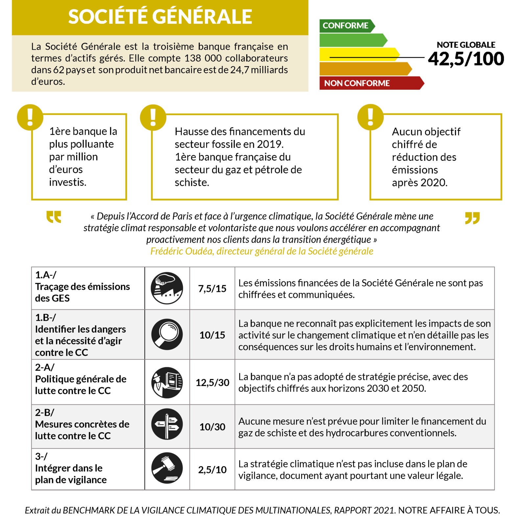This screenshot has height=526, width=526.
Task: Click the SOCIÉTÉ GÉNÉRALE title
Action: (160, 17)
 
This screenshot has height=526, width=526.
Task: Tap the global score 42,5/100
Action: (466, 59)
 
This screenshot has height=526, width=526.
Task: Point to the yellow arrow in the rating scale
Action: (358, 54)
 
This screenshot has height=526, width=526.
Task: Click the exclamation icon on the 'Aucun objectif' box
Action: (370, 117)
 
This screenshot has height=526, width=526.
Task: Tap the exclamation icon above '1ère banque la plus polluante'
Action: (30, 117)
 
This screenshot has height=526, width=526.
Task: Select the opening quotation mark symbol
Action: (54, 217)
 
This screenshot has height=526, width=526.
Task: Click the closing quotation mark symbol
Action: (472, 218)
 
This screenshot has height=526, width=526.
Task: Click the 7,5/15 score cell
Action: (212, 289)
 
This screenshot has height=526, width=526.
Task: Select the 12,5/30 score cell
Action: (212, 382)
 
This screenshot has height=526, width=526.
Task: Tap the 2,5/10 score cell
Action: (212, 469)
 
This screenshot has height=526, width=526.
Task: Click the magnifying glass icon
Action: (167, 334)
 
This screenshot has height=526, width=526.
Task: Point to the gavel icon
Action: (167, 468)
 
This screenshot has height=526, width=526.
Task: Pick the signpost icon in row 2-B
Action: (167, 424)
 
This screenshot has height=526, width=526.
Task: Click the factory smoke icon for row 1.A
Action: (167, 288)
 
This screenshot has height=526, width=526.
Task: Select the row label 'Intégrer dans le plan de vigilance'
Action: (71, 474)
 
